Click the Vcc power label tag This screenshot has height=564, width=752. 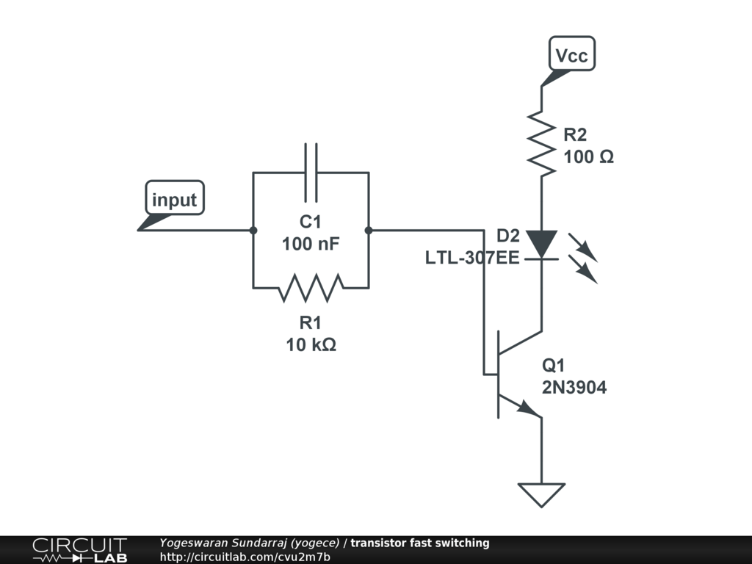click(571, 56)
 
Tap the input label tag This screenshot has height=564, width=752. click(174, 200)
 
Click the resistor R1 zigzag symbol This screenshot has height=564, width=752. click(311, 287)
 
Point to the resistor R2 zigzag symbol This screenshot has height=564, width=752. click(542, 143)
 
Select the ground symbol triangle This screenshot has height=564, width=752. click(541, 493)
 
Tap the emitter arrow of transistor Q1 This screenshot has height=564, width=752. click(527, 408)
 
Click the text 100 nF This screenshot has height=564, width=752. click(311, 244)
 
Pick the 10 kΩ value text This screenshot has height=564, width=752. click(311, 344)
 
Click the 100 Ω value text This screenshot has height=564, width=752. click(588, 157)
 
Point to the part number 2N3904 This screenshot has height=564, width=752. click(574, 388)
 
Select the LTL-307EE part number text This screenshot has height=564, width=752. click(472, 258)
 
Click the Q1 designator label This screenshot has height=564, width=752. click(554, 366)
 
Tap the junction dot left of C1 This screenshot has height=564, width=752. click(253, 230)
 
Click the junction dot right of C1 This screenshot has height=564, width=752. click(369, 230)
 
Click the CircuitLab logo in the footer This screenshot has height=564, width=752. click(79, 550)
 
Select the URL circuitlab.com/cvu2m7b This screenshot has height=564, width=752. click(245, 557)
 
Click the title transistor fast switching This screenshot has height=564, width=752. click(419, 543)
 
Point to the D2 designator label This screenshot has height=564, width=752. click(507, 236)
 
